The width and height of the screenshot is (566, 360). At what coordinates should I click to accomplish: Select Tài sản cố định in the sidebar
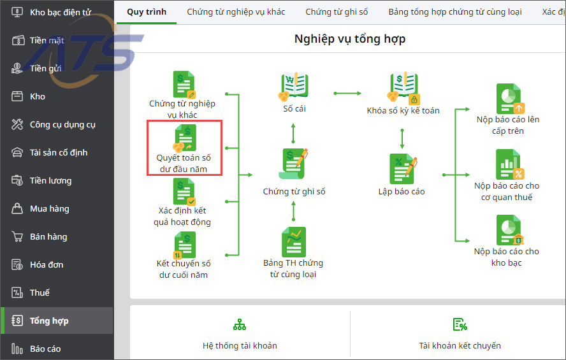point(58,152)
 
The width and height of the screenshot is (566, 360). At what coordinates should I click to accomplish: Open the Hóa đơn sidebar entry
point(46,264)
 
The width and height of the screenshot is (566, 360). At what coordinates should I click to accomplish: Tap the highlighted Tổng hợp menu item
point(49,320)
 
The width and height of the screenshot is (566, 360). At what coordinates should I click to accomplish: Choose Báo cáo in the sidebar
point(45,349)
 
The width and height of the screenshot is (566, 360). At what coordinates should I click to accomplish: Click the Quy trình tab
point(147,11)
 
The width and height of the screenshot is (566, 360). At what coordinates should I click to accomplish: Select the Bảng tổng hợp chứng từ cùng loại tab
point(455,11)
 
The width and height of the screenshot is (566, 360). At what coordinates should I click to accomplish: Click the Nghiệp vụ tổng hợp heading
point(350,39)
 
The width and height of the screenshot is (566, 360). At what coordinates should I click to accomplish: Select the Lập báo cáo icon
point(403,168)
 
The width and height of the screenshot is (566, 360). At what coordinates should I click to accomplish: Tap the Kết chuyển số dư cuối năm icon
point(184,245)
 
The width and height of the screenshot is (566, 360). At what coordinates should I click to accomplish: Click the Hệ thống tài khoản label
point(240,345)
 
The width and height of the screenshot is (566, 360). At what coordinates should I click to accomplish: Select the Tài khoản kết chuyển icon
point(460,325)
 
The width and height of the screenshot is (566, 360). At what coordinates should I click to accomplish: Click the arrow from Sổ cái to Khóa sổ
point(348,94)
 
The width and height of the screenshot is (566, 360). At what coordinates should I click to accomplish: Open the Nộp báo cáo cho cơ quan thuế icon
point(508,164)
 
